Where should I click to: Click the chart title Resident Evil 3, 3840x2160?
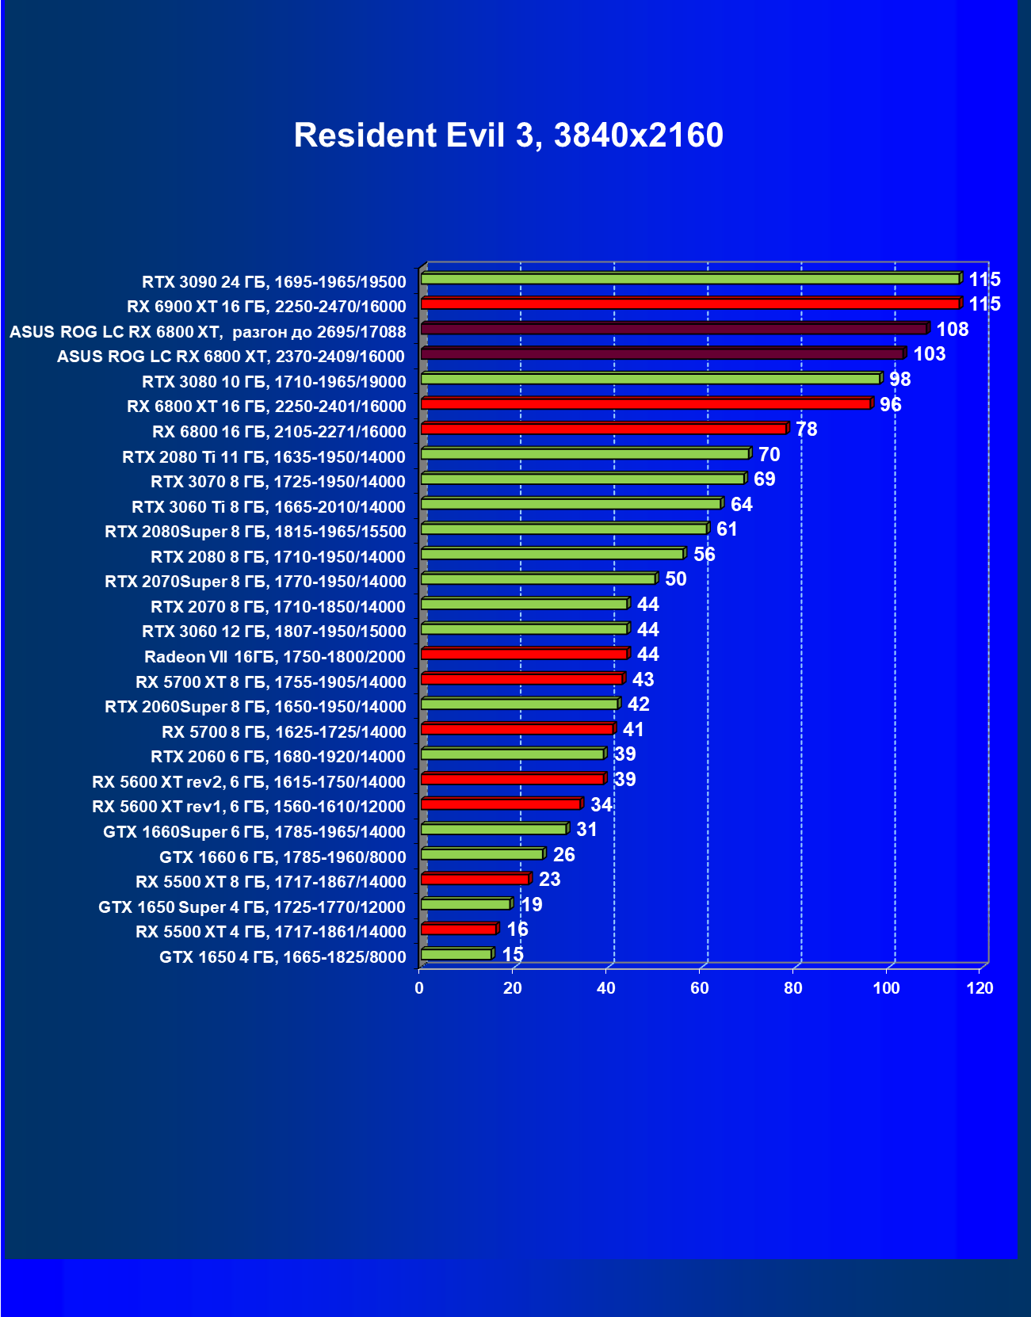[x=508, y=136]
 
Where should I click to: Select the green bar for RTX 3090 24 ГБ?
[x=689, y=279]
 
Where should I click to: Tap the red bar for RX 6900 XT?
[x=689, y=303]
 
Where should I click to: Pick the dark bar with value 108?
[x=674, y=329]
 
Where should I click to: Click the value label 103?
[x=929, y=354]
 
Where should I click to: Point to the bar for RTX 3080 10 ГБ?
[x=650, y=379]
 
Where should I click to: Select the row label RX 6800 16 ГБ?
[x=278, y=432]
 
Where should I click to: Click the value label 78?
[x=806, y=429]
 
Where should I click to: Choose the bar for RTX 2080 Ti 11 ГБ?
[x=585, y=454]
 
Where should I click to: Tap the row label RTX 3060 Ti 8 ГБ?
[x=268, y=507]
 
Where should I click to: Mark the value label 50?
[x=675, y=579]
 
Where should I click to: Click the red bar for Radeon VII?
[x=524, y=654]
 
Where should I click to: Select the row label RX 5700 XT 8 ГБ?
[x=270, y=682]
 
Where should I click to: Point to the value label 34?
[x=601, y=805]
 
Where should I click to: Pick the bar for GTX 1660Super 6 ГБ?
[x=494, y=830]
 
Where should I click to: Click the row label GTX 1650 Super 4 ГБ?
[x=251, y=907]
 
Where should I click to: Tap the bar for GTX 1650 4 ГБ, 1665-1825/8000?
[x=456, y=955]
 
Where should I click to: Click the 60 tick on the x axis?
[x=699, y=988]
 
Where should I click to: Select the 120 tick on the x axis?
[x=979, y=988]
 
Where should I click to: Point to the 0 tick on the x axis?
[x=419, y=988]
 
